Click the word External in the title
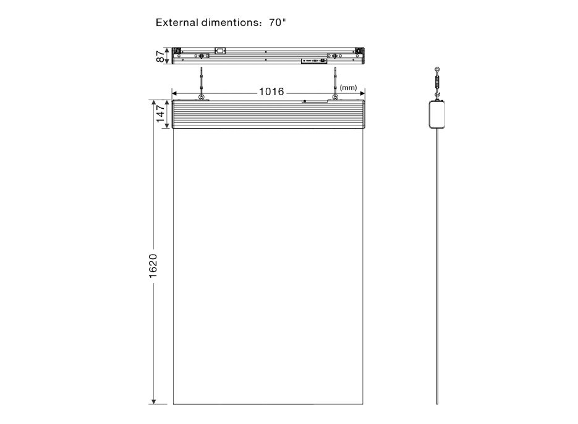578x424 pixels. click(x=177, y=22)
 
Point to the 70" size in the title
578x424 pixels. click(x=277, y=22)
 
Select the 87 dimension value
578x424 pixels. click(x=161, y=56)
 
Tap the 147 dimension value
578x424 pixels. click(x=161, y=114)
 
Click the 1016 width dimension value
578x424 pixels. click(x=271, y=91)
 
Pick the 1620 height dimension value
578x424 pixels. click(x=153, y=266)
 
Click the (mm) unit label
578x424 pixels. click(x=349, y=88)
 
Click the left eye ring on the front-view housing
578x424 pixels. click(x=202, y=97)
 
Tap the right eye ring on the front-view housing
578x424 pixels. click(x=335, y=97)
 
